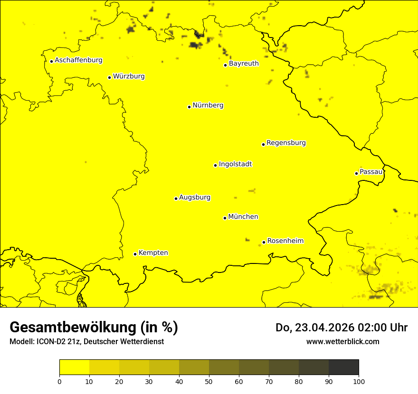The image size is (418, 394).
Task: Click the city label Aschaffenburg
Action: coord(78,60)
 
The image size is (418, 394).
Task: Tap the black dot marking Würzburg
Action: coord(109,77)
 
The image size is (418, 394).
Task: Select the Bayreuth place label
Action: coord(244,64)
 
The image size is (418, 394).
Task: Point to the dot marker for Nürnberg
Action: coord(189,107)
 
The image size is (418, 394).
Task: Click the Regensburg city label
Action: coord(286,143)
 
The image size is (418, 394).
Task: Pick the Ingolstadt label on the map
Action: coord(235,164)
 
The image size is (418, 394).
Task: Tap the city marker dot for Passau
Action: coord(356,173)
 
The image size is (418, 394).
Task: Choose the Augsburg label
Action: coord(195,197)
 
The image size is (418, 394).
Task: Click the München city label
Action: coord(243,217)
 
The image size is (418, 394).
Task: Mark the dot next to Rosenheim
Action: coord(264,242)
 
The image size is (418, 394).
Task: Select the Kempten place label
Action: coord(153,253)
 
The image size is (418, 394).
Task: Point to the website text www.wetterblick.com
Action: coord(342,341)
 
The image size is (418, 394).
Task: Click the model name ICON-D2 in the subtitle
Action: coord(53,342)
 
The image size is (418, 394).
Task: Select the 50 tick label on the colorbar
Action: coord(209,381)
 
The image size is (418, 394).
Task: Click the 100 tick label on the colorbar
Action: coord(359,381)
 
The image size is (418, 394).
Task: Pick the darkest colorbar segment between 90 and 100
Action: coord(343,367)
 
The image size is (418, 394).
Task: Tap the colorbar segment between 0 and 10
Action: coord(74,367)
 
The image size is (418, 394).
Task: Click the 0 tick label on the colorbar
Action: coord(59,381)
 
